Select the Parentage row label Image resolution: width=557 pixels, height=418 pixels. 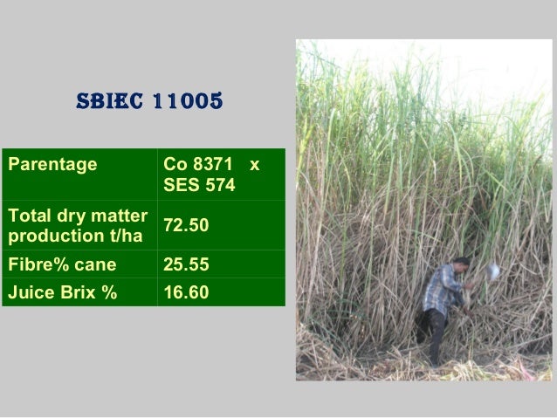coord(52,164)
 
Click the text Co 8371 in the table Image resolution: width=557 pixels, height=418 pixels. coord(198,164)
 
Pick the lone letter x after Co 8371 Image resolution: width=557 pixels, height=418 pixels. coord(254,164)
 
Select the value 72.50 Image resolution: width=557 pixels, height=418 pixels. coord(186,226)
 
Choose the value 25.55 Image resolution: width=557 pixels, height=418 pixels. coord(186,264)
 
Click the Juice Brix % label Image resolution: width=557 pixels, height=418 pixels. coord(61,292)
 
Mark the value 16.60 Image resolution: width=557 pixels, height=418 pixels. coord(186,292)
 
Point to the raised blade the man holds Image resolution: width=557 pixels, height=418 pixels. coord(493,271)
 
